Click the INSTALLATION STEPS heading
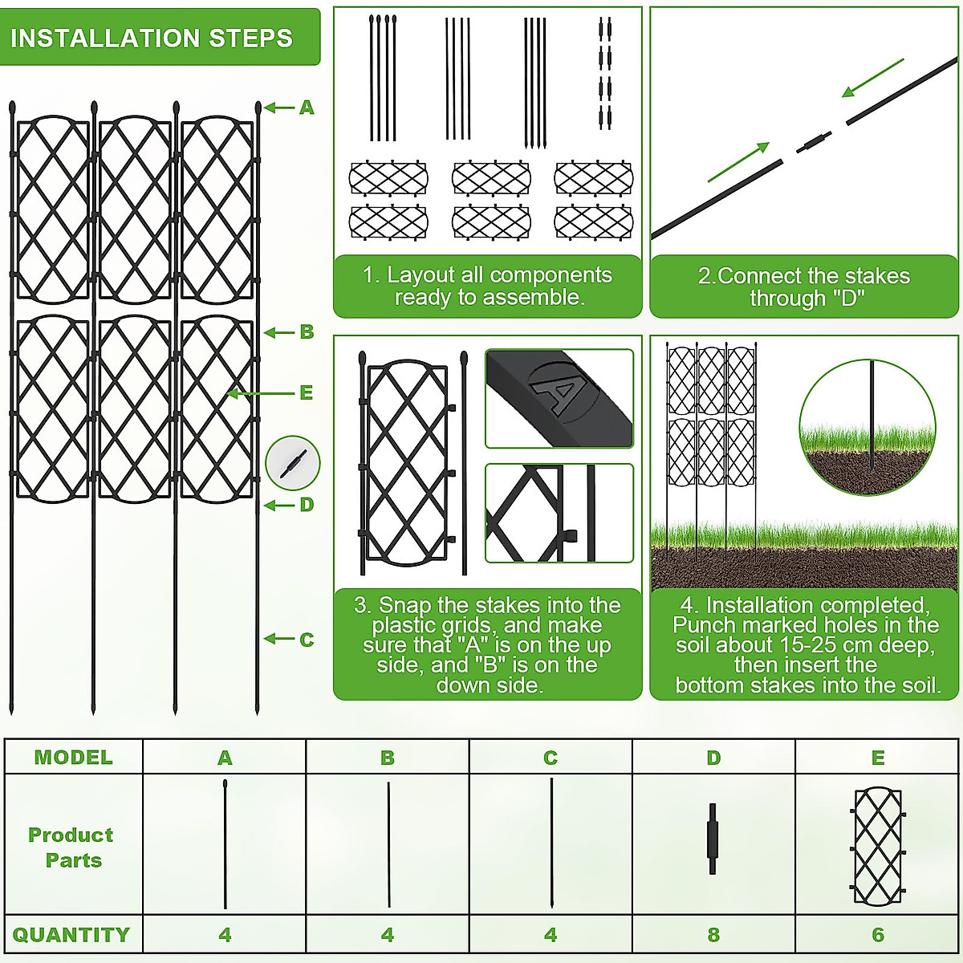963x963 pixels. [151, 38]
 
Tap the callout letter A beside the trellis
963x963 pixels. [307, 108]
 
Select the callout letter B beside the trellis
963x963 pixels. [307, 332]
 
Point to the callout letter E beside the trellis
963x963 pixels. [306, 393]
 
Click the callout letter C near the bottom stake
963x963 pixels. [307, 640]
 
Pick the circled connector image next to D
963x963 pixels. [293, 463]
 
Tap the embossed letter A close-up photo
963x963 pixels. [559, 398]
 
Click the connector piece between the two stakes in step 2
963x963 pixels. [815, 144]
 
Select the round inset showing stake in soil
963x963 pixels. [868, 427]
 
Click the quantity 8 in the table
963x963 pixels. [713, 935]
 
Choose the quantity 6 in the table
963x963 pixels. [878, 935]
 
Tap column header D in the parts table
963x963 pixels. [713, 758]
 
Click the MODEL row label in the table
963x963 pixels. [73, 758]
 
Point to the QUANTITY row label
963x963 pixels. [71, 935]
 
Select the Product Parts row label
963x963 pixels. [71, 847]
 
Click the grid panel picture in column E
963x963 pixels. [878, 846]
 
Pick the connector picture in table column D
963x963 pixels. [712, 839]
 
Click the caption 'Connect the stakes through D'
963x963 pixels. [804, 287]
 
